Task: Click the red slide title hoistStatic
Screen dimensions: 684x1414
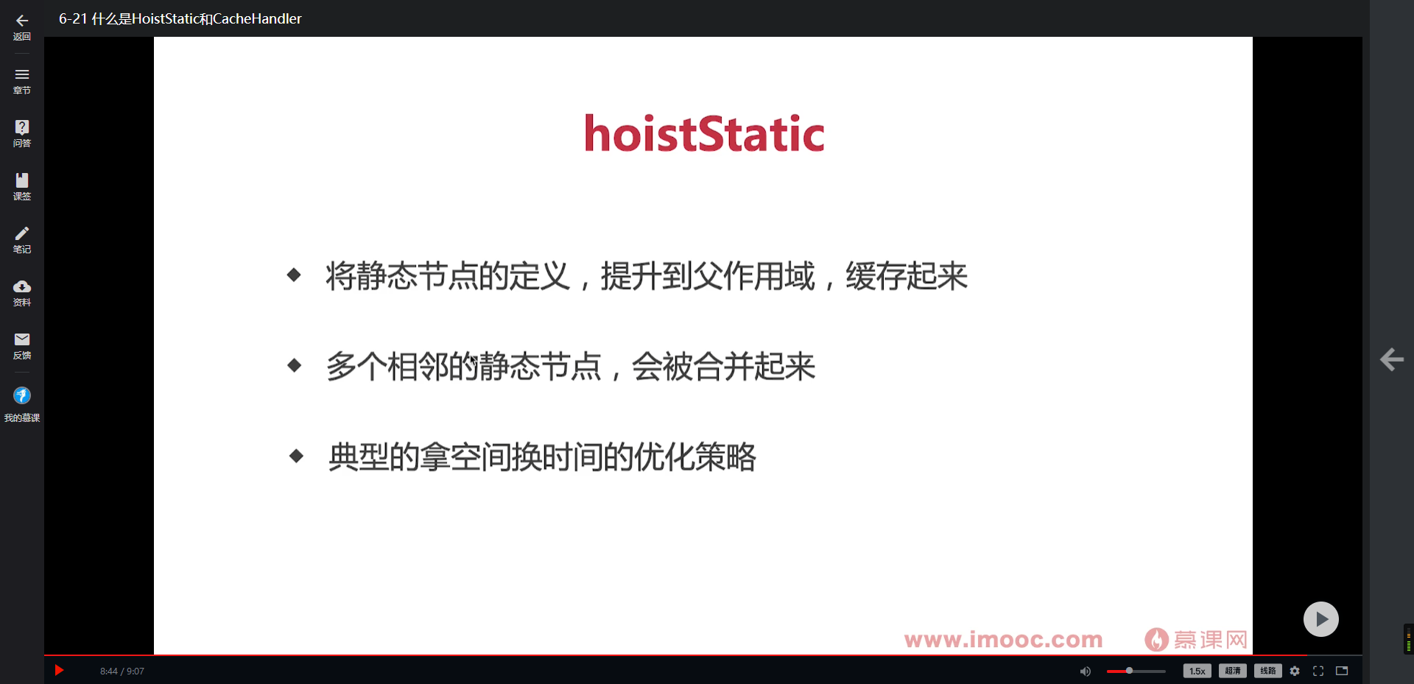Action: [704, 134]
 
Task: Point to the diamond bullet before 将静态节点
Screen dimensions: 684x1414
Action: [294, 275]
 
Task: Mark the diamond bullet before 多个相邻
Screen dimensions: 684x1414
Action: [295, 365]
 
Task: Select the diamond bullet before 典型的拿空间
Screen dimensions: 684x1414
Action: [296, 456]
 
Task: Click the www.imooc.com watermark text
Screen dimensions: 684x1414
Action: [1003, 639]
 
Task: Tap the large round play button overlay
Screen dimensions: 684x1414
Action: [1320, 619]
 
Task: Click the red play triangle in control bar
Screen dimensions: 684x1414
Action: [60, 670]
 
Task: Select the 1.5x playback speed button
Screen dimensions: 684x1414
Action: [1197, 671]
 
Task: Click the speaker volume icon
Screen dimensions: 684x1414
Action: [1085, 671]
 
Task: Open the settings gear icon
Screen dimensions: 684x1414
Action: [1295, 671]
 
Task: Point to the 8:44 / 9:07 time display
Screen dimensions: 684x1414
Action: [122, 671]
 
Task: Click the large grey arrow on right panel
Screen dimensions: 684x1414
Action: [1391, 359]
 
